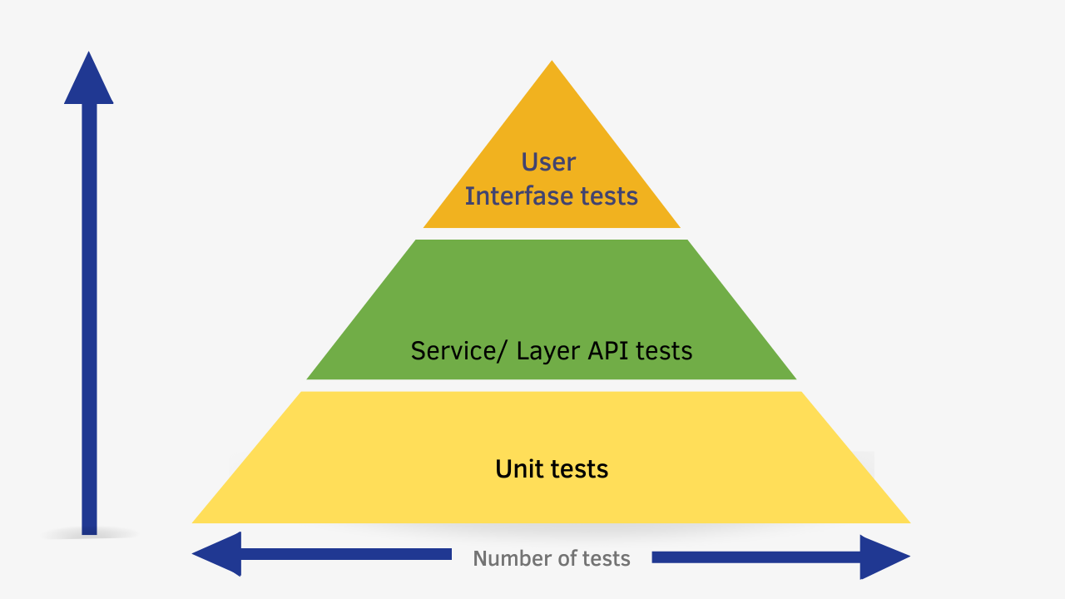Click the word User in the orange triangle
pyautogui.click(x=548, y=161)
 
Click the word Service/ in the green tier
pyautogui.click(x=457, y=350)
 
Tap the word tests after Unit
pyautogui.click(x=579, y=469)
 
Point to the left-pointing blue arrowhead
pyautogui.click(x=216, y=554)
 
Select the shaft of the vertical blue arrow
pyautogui.click(x=89, y=316)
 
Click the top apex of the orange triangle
pyautogui.click(x=552, y=63)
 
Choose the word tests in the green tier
pyautogui.click(x=664, y=350)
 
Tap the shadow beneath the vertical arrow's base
pyautogui.click(x=89, y=534)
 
